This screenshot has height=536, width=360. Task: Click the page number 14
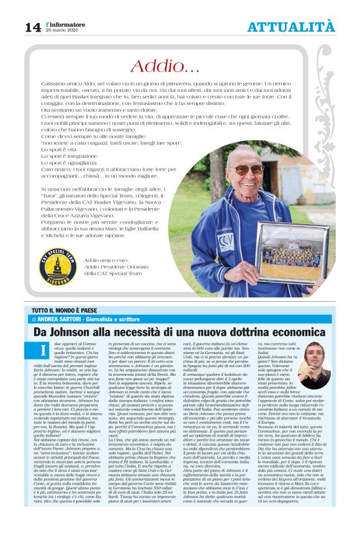tap(32, 27)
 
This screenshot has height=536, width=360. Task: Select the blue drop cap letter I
tap(43, 351)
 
